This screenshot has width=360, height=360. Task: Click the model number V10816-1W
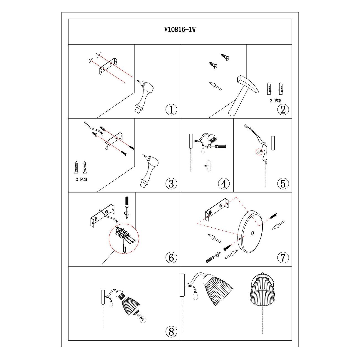click(x=180, y=30)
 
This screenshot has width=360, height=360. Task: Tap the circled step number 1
click(x=171, y=110)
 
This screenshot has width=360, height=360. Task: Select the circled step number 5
click(x=283, y=184)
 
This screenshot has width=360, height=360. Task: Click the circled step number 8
click(x=171, y=331)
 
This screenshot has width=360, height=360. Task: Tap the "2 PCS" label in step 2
click(x=276, y=101)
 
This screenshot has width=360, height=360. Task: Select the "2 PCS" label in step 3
click(x=81, y=179)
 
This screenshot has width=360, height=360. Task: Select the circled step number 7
click(x=283, y=258)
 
